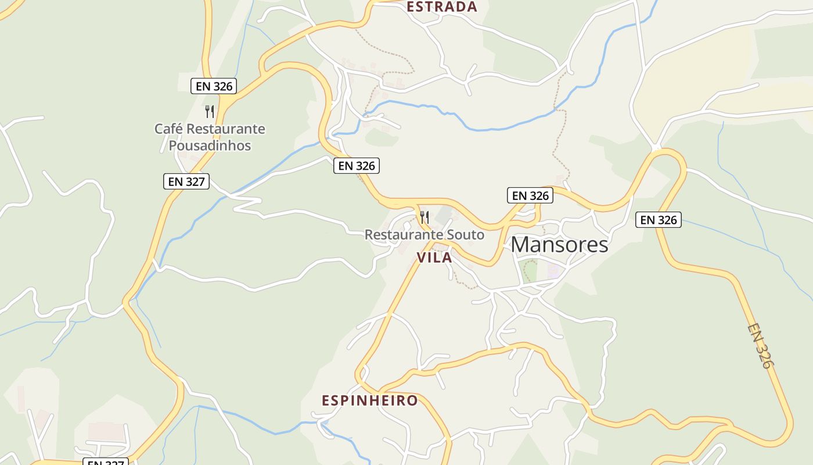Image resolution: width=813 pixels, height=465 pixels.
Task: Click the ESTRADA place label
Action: [441, 7]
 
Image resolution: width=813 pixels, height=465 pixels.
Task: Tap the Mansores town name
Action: [559, 245]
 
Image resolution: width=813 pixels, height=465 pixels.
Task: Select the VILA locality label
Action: [434, 258]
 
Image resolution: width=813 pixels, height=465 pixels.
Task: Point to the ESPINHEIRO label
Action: [370, 400]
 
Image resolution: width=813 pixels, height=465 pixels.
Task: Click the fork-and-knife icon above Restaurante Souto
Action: [425, 217]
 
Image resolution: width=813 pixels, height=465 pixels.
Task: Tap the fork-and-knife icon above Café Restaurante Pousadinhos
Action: [210, 111]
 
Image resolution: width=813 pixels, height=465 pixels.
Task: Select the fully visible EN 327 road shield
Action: [186, 181]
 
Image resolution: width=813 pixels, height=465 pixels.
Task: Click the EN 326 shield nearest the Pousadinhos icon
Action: [214, 86]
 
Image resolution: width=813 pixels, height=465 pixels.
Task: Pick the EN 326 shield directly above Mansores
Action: [530, 195]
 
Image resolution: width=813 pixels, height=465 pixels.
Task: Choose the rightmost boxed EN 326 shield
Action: [658, 220]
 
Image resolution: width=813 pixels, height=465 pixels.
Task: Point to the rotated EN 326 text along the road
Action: [760, 346]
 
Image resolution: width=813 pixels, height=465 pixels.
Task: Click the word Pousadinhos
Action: [210, 145]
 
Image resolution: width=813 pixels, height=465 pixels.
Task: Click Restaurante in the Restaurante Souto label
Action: [401, 235]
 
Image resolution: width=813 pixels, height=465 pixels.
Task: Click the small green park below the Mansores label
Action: [528, 271]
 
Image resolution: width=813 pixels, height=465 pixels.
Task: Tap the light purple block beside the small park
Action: [553, 270]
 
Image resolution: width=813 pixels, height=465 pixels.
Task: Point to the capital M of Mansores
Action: [521, 245]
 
